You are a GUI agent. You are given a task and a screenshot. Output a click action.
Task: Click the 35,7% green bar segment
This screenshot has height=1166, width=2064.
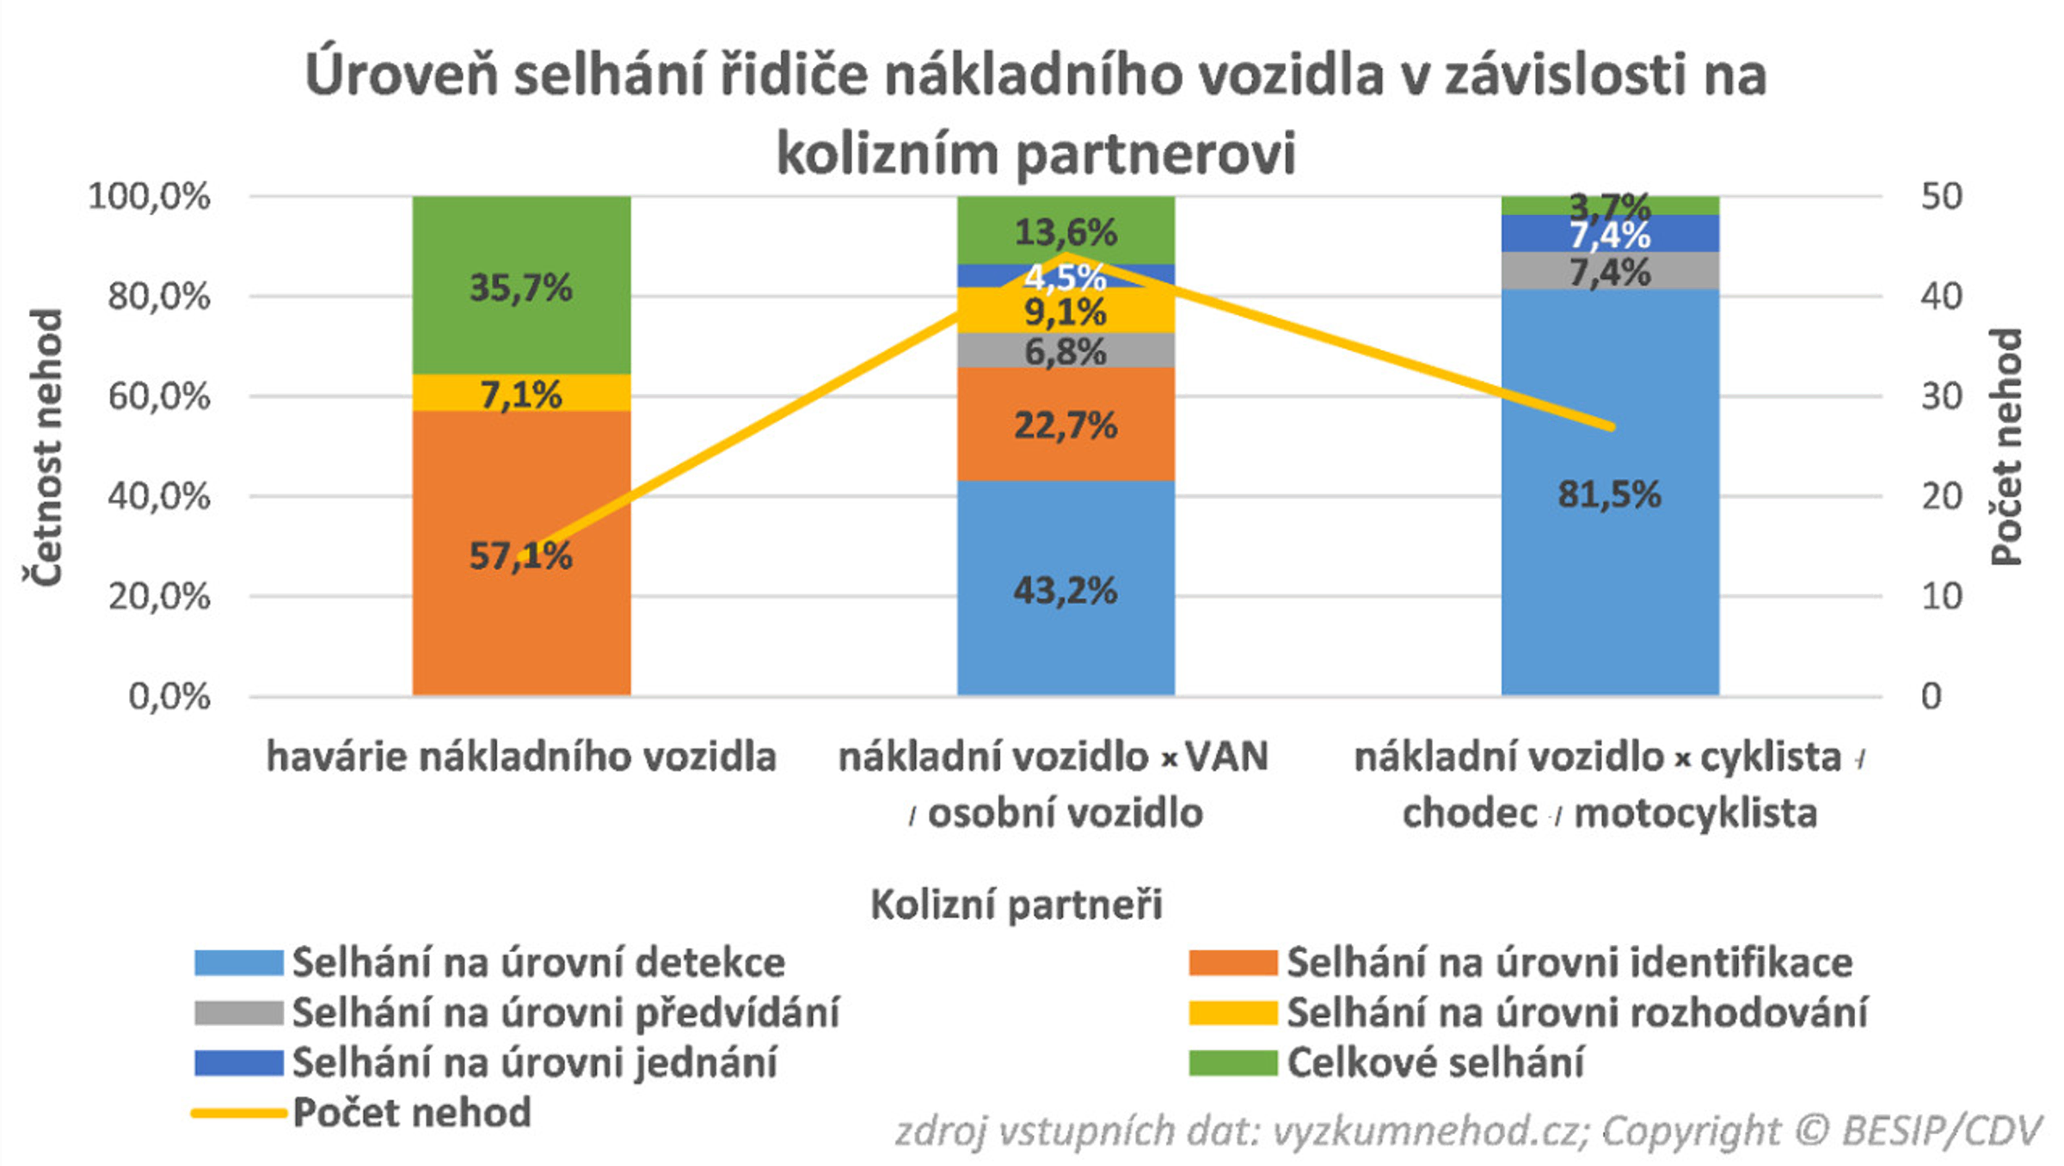(x=521, y=286)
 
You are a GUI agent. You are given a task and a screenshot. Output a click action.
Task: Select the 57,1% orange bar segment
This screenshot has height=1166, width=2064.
(x=521, y=602)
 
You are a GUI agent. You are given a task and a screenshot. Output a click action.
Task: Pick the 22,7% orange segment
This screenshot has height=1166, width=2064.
(x=1066, y=425)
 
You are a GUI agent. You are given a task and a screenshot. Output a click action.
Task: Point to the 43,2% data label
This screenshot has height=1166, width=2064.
(x=1066, y=591)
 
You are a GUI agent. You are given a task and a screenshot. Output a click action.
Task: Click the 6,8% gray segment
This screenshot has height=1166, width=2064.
(x=1066, y=351)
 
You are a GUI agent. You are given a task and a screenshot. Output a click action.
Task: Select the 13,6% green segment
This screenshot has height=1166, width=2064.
(x=1066, y=230)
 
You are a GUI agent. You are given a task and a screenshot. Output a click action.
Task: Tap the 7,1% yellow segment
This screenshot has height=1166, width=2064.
(x=521, y=394)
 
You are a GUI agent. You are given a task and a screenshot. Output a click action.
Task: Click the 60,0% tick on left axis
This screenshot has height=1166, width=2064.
(x=159, y=397)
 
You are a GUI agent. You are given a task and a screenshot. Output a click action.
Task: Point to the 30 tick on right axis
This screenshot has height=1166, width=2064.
(x=1941, y=397)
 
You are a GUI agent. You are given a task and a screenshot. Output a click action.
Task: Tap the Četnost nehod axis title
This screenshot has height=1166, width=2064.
(x=43, y=447)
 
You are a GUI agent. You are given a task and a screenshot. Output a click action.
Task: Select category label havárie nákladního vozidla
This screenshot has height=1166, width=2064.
(x=521, y=758)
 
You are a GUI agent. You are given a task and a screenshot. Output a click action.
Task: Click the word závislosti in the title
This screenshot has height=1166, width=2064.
(x=1565, y=76)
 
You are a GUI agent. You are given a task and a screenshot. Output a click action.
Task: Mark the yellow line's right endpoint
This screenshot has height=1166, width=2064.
(x=1611, y=427)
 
